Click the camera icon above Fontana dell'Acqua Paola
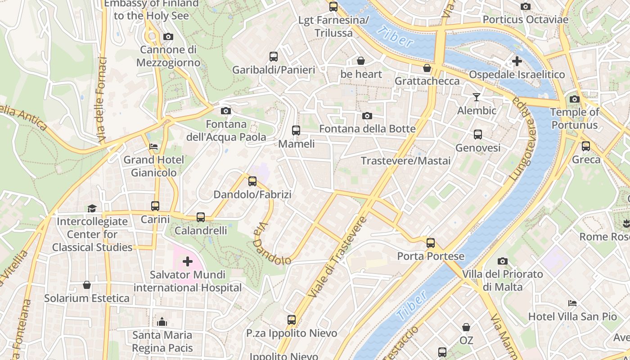226,111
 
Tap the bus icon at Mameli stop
296,130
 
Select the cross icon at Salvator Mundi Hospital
187,261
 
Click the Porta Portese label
431,256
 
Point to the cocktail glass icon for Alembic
477,97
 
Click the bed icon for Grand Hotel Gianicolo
153,147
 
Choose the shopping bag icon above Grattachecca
427,68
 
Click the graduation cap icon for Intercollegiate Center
92,208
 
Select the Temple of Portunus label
575,118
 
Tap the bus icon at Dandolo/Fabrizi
252,181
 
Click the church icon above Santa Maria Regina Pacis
162,322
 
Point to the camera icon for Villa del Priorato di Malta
503,261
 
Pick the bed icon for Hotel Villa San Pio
572,303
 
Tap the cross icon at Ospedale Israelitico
517,61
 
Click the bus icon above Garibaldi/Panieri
274,57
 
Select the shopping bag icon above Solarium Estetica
87,285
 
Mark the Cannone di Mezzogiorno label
168,56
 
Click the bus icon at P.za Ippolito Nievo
292,320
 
